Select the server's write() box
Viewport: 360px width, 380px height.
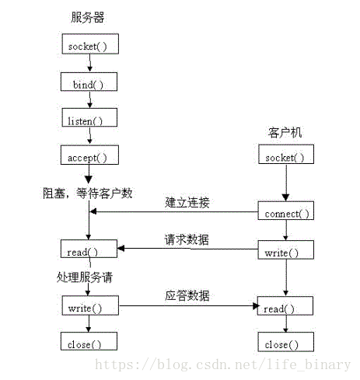coord(89,308)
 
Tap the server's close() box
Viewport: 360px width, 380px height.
coord(89,343)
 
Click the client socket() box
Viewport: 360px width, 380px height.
coord(287,157)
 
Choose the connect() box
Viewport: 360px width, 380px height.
coord(287,213)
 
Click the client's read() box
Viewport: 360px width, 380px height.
coord(287,308)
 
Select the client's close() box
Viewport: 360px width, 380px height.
coord(287,343)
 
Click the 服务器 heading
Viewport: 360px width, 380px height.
coord(87,17)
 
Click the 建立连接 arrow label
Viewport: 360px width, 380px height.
coord(187,204)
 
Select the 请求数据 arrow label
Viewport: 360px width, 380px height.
coord(187,239)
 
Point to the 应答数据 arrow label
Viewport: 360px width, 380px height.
coord(187,296)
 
